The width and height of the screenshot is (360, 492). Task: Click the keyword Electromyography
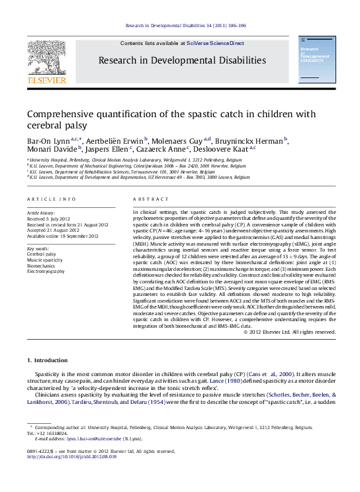click(46, 271)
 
